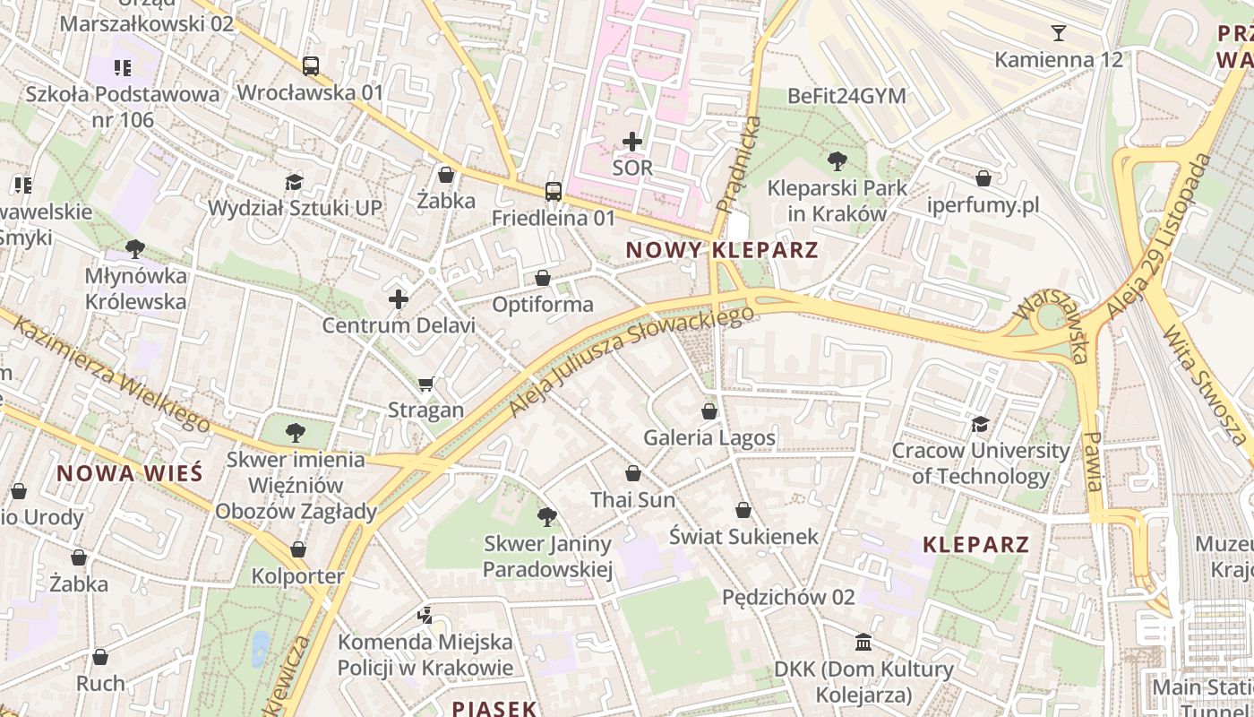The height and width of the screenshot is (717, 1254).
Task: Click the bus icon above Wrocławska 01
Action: (310, 65)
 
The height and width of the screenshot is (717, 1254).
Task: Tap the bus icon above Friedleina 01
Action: (553, 191)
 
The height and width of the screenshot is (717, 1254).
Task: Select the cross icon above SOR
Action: (632, 142)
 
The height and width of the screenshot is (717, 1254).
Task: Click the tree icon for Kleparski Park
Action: (837, 161)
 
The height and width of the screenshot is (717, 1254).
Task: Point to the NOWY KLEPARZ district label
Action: (722, 250)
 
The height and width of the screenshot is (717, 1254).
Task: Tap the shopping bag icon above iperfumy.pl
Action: (983, 178)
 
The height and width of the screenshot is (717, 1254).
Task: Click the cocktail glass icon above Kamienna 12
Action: (1059, 33)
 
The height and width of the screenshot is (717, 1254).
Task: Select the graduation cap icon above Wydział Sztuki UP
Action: (294, 182)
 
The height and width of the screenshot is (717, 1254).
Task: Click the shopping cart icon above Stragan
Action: (426, 384)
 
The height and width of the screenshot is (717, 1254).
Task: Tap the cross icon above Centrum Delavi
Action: (399, 298)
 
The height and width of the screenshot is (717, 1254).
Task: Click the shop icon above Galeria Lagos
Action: (709, 411)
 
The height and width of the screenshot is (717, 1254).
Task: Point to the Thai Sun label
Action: (632, 500)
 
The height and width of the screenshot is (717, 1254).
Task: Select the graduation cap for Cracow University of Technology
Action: (980, 424)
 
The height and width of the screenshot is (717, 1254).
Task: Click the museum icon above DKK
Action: (863, 643)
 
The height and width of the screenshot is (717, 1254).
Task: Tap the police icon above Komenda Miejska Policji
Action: (425, 616)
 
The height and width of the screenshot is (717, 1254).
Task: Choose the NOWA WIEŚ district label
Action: (130, 473)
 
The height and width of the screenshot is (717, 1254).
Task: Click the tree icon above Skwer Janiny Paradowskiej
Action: (546, 516)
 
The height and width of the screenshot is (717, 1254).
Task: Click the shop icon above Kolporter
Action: (298, 549)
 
